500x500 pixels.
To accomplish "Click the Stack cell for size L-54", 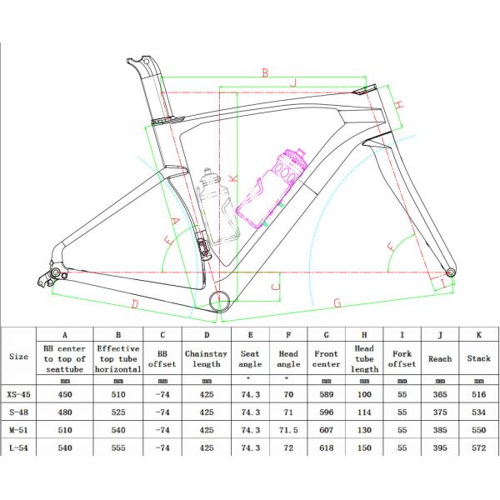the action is click(479, 447).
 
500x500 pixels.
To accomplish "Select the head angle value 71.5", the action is click(288, 430).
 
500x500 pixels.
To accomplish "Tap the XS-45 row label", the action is click(19, 394).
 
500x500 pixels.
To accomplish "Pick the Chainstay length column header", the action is click(207, 358).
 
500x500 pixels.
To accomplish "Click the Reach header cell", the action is click(440, 358).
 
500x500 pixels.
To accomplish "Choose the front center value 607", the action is click(326, 430).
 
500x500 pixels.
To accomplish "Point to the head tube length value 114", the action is click(364, 412).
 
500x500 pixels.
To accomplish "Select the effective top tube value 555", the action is click(118, 447).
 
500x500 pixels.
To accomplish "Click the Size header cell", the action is click(19, 357).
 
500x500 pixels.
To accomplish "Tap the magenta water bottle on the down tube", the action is click(272, 188).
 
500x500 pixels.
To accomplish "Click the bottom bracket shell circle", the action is click(220, 301).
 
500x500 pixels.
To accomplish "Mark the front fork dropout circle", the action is click(450, 272).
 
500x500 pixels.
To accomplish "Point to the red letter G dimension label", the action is click(337, 303).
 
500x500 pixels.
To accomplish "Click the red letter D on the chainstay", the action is click(135, 304).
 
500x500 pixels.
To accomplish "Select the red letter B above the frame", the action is click(265, 72).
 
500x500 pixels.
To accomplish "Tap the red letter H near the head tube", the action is click(399, 104).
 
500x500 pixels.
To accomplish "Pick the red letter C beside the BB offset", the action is click(276, 287).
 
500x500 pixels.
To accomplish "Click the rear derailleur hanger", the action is click(44, 280).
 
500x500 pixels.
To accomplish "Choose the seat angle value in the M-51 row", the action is click(250, 430).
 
